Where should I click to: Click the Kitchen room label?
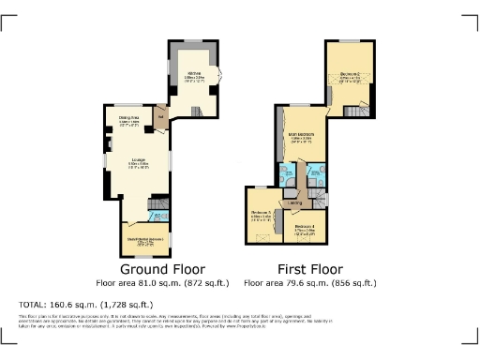click(x=194, y=74)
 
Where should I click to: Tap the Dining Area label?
click(x=129, y=119)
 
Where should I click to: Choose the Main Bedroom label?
click(x=300, y=138)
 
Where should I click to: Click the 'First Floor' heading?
click(x=308, y=268)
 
